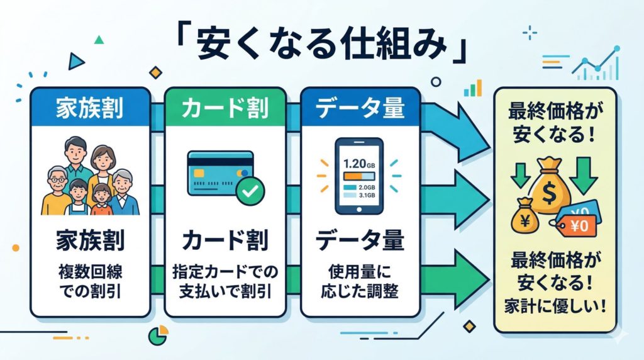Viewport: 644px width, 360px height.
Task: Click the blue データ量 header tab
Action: [360, 109]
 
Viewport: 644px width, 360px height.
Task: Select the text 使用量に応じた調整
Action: [360, 284]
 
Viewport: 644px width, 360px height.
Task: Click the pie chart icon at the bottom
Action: [155, 335]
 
